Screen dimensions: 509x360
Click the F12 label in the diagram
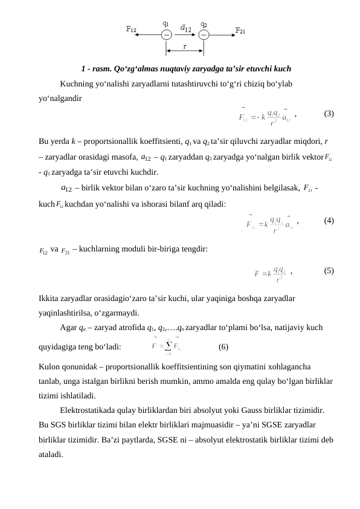(131, 28)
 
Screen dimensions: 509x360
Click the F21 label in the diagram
(240, 30)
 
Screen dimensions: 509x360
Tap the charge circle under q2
(204, 34)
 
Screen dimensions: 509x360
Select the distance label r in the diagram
(184, 45)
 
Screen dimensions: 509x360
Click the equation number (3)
(329, 113)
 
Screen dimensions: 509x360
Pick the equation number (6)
(223, 347)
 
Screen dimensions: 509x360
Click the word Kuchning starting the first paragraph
(77, 83)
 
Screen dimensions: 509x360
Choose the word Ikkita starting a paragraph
(48, 299)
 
